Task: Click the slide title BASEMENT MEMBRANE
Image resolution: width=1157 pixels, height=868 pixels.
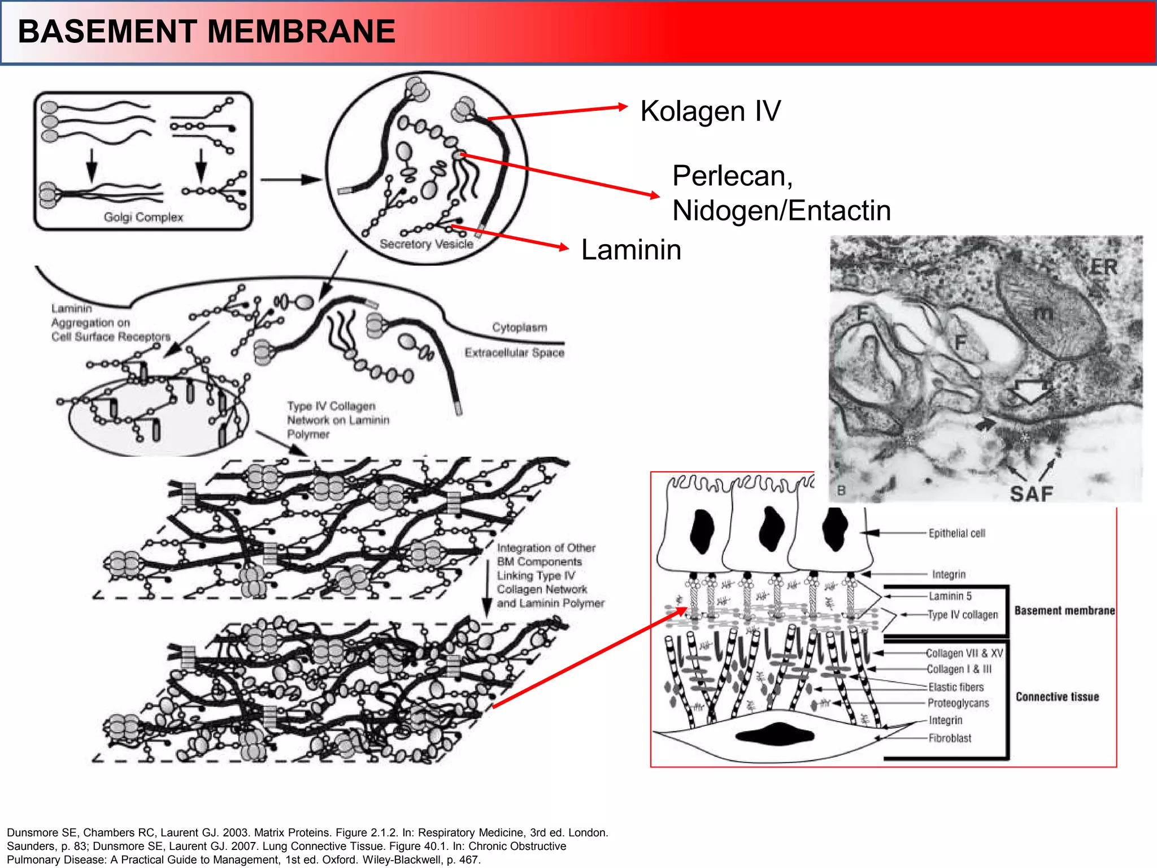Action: click(206, 32)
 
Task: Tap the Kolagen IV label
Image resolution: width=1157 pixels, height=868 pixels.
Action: click(710, 111)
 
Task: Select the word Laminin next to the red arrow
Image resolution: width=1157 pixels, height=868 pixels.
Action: click(631, 250)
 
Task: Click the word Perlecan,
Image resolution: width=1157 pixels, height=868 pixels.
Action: click(733, 176)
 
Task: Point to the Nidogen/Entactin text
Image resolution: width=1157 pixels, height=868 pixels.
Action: click(781, 211)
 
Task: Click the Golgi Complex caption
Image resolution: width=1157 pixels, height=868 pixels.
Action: click(143, 217)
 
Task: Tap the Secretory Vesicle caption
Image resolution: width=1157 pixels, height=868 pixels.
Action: click(427, 244)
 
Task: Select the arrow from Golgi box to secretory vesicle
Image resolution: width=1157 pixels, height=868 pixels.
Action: click(290, 180)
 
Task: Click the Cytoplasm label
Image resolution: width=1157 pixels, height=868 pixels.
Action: click(519, 327)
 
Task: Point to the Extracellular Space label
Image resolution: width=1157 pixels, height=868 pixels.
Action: click(514, 353)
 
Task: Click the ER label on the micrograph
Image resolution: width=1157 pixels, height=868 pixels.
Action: click(1103, 267)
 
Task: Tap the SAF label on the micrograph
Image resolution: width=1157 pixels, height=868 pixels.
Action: click(1032, 494)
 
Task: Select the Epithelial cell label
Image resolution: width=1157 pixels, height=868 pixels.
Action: click(956, 533)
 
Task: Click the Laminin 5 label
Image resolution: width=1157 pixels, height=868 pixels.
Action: click(950, 596)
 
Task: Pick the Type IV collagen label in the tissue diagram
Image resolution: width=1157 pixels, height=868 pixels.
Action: click(963, 615)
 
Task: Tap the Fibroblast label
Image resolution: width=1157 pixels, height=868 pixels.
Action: click(950, 738)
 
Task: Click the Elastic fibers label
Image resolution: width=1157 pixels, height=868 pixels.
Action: click(956, 687)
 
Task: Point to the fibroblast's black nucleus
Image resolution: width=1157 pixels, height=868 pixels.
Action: click(775, 735)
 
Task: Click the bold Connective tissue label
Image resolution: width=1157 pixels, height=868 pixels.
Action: click(1057, 697)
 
